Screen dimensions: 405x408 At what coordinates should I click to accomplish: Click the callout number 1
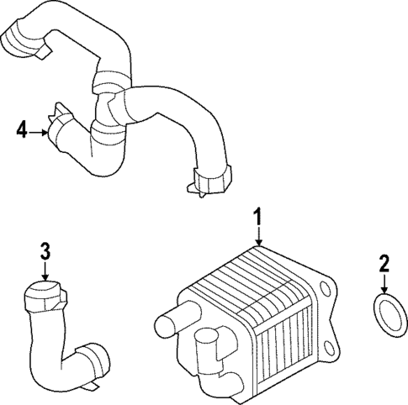[x=259, y=219]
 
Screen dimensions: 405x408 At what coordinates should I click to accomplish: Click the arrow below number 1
[x=259, y=238]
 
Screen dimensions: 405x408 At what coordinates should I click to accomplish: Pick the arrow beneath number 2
[x=384, y=283]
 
